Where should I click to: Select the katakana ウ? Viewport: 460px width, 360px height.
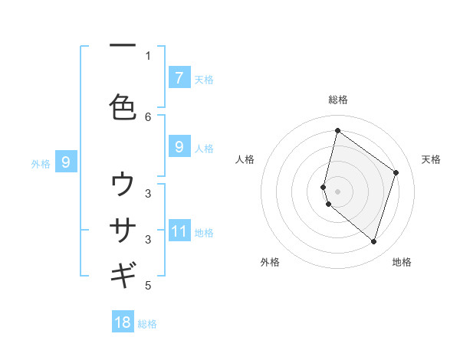coord(123,185)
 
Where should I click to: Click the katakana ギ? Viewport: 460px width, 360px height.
coord(123,274)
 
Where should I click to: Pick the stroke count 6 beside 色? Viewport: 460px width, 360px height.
coord(148,116)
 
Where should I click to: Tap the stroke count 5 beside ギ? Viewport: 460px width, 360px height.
coord(148,286)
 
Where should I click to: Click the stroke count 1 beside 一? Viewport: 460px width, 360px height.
coord(148,55)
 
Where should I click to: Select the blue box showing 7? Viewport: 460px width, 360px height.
coord(179,77)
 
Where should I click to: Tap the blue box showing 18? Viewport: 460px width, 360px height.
coord(123,322)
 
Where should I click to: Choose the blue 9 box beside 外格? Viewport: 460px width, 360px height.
coord(66,162)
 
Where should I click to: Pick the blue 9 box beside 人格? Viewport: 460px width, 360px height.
coord(179,147)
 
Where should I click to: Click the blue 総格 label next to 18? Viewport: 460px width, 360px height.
coord(148,324)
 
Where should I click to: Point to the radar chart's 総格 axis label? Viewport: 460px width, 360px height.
coord(337,100)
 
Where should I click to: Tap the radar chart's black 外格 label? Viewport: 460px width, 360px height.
coord(270,262)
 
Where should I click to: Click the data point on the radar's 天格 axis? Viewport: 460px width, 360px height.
coord(396,172)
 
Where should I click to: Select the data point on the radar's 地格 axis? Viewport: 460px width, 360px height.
coord(373,242)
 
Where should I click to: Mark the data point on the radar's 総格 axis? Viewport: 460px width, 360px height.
coord(337,130)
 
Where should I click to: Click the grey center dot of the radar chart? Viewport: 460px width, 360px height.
coord(337,191)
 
